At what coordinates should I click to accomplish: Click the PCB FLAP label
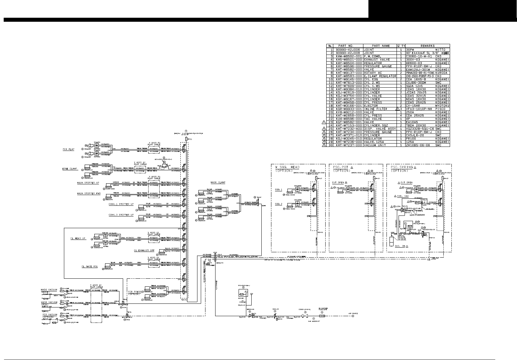pos(68,150)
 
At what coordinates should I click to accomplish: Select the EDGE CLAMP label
pos(70,169)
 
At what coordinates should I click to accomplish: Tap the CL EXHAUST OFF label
pos(144,250)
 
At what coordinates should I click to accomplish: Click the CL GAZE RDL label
pos(90,266)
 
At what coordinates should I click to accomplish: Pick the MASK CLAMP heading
pos(218,182)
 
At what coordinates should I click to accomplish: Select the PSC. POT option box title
pos(341,167)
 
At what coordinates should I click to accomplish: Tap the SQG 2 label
pos(278,204)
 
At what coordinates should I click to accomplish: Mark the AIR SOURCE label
pos(353,313)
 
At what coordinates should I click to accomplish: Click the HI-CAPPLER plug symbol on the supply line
pos(322,316)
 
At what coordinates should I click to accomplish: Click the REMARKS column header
pos(426,46)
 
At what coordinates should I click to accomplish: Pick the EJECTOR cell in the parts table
pos(371,106)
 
